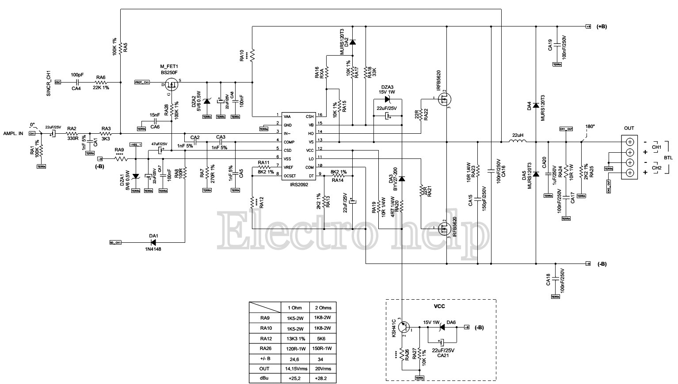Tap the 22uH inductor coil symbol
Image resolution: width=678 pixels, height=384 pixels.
517,142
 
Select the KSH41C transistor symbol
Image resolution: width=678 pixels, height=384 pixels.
403,328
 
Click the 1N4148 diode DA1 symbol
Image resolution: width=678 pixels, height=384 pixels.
154,242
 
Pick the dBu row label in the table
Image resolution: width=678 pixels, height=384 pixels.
264,378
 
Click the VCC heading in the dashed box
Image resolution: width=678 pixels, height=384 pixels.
439,306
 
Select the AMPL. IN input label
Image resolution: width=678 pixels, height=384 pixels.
13,133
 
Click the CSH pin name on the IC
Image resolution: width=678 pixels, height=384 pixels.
309,117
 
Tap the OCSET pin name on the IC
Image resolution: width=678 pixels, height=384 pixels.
290,176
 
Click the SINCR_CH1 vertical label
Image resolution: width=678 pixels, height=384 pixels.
49,84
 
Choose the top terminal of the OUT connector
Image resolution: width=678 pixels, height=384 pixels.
629,142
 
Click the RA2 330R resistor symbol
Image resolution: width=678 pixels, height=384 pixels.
72,133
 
